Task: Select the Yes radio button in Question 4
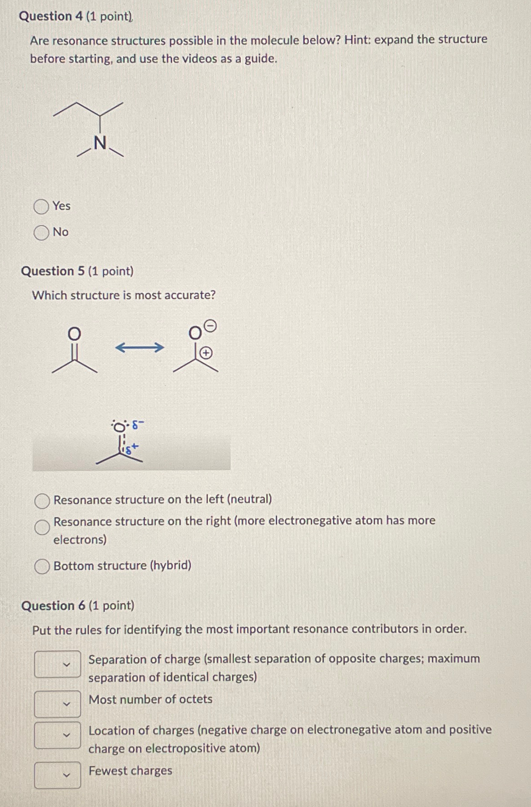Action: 41,207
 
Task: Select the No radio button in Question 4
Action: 41,233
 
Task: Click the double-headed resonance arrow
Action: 139,348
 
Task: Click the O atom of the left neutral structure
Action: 74,334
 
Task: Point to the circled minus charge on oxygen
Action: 211,326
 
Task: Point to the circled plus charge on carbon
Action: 206,353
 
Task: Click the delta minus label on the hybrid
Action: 138,425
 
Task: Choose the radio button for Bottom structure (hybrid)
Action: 42,567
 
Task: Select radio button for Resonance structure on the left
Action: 42,501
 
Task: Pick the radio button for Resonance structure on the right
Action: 42,527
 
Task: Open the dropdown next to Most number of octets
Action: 57,704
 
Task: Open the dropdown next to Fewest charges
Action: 57,775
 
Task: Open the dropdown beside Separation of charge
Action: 57,664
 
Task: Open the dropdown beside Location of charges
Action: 57,735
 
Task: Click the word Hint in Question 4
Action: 356,40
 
